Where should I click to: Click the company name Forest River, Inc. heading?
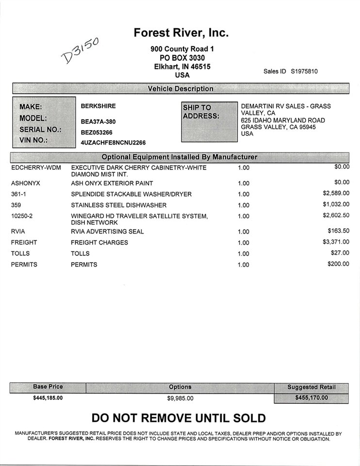pyautogui.click(x=181, y=33)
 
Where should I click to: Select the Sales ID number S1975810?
pyautogui.click(x=304, y=71)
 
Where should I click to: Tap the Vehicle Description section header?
pyautogui.click(x=180, y=89)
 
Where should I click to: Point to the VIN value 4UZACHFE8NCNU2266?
pyautogui.click(x=113, y=143)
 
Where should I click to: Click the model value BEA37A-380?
pyautogui.click(x=98, y=121)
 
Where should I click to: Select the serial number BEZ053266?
pyautogui.click(x=97, y=132)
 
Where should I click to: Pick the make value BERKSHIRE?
pyautogui.click(x=98, y=106)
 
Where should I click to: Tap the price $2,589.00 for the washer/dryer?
pyautogui.click(x=336, y=193)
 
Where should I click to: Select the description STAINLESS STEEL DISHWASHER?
pyautogui.click(x=118, y=205)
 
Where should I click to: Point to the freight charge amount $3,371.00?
pyautogui.click(x=336, y=241)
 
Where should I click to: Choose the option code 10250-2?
pyautogui.click(x=21, y=216)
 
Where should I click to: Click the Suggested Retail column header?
pyautogui.click(x=311, y=387)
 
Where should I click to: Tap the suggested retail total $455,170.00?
pyautogui.click(x=311, y=398)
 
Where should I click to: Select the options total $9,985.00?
pyautogui.click(x=180, y=399)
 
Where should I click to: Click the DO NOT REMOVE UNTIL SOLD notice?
pyautogui.click(x=179, y=418)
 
